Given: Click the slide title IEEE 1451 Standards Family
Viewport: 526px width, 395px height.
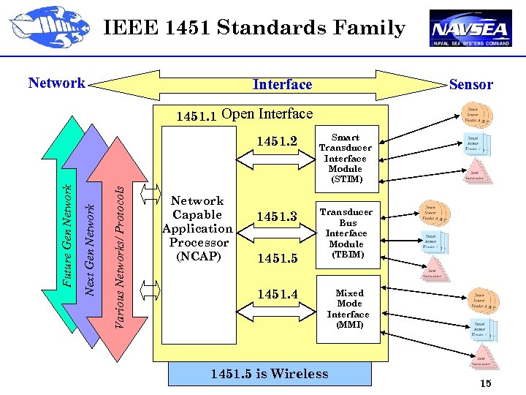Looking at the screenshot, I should tap(254, 29).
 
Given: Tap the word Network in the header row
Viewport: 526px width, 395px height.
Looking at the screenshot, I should tap(57, 83).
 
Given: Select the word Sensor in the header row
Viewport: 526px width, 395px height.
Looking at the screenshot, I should tap(470, 84).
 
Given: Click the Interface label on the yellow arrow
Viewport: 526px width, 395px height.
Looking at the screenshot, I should tap(282, 85).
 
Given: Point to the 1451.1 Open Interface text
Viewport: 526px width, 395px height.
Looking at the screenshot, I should tap(245, 114).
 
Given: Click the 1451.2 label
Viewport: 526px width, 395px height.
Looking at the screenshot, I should tap(277, 141).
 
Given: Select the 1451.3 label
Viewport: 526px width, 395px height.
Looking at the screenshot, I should tap(277, 217).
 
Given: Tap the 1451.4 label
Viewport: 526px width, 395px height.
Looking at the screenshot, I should tap(277, 294).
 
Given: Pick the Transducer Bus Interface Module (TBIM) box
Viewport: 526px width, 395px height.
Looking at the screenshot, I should tap(346, 233).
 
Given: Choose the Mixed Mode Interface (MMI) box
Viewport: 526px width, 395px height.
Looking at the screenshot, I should tap(348, 309).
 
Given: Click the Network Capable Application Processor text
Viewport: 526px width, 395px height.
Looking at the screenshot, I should tap(197, 228).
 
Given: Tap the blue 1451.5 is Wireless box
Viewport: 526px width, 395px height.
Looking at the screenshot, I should tap(270, 374).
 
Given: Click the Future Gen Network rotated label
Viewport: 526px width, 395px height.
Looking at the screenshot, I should tap(66, 236).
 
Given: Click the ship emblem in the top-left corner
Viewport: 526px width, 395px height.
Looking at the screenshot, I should tap(42, 27).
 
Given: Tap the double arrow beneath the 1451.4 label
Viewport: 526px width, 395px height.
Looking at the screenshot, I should tap(277, 312).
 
